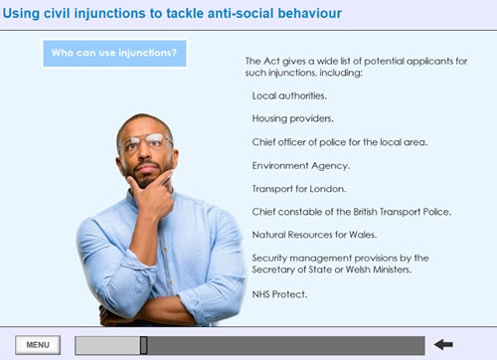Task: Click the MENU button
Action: coord(38,345)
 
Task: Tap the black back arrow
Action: coord(443,345)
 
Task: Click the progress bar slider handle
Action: coord(144,345)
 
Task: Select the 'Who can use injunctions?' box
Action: coord(114,53)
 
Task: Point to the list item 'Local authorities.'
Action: coord(289,96)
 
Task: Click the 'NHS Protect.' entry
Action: coord(279,294)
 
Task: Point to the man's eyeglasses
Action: coord(146,142)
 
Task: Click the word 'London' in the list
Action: coord(328,188)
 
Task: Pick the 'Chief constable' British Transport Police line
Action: coord(352,211)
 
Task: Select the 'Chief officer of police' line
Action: coord(340,142)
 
